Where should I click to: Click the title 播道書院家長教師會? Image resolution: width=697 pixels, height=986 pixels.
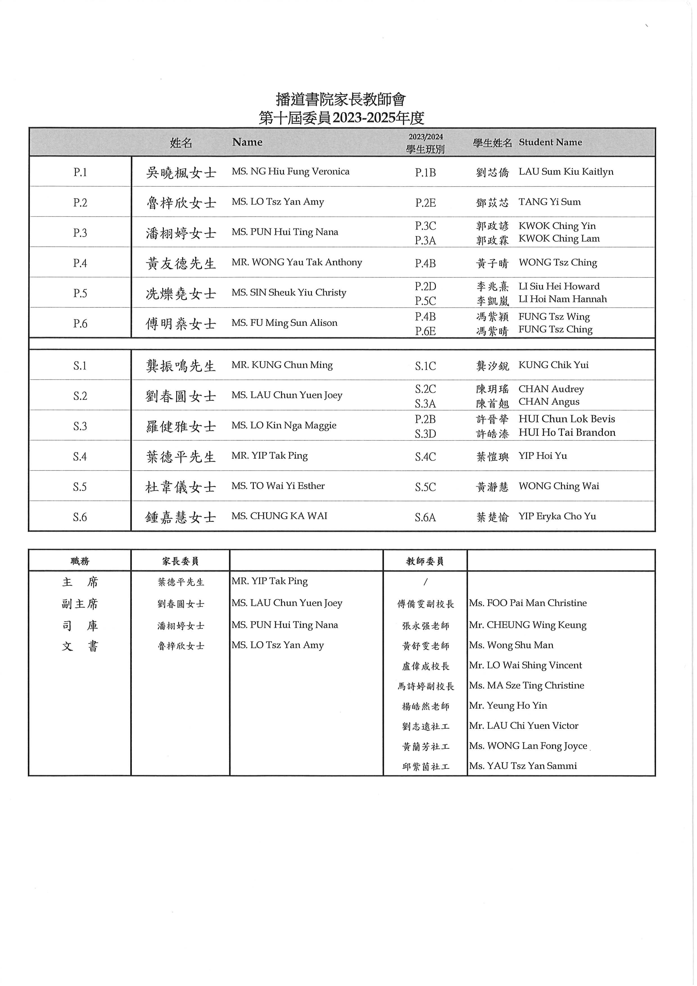(341, 99)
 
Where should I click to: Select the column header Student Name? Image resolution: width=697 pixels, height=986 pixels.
(550, 142)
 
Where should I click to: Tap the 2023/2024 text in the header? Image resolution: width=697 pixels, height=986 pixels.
(425, 137)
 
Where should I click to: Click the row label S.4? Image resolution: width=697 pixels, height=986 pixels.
(80, 456)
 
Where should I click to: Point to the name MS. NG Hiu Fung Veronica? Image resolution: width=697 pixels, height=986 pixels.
(290, 171)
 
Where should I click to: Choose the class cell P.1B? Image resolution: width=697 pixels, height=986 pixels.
(425, 173)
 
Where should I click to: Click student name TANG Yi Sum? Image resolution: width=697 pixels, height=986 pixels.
(549, 202)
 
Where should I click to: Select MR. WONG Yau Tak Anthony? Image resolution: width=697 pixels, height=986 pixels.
(296, 263)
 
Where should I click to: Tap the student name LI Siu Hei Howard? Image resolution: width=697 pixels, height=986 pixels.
(559, 286)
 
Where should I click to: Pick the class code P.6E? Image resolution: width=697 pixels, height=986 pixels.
(425, 331)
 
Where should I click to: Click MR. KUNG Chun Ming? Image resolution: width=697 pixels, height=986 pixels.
(282, 365)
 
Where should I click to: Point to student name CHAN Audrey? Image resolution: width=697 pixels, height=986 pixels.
(551, 389)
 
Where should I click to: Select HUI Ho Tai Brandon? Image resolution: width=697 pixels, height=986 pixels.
(567, 433)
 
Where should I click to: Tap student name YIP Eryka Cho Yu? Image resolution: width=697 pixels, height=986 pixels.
(557, 516)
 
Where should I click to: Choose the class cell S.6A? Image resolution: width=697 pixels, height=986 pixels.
(425, 517)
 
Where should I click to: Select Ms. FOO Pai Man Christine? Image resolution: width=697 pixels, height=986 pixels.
(527, 603)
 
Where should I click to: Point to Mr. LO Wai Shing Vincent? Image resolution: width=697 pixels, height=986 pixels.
(525, 665)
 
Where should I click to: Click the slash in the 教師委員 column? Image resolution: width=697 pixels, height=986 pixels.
(425, 582)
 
